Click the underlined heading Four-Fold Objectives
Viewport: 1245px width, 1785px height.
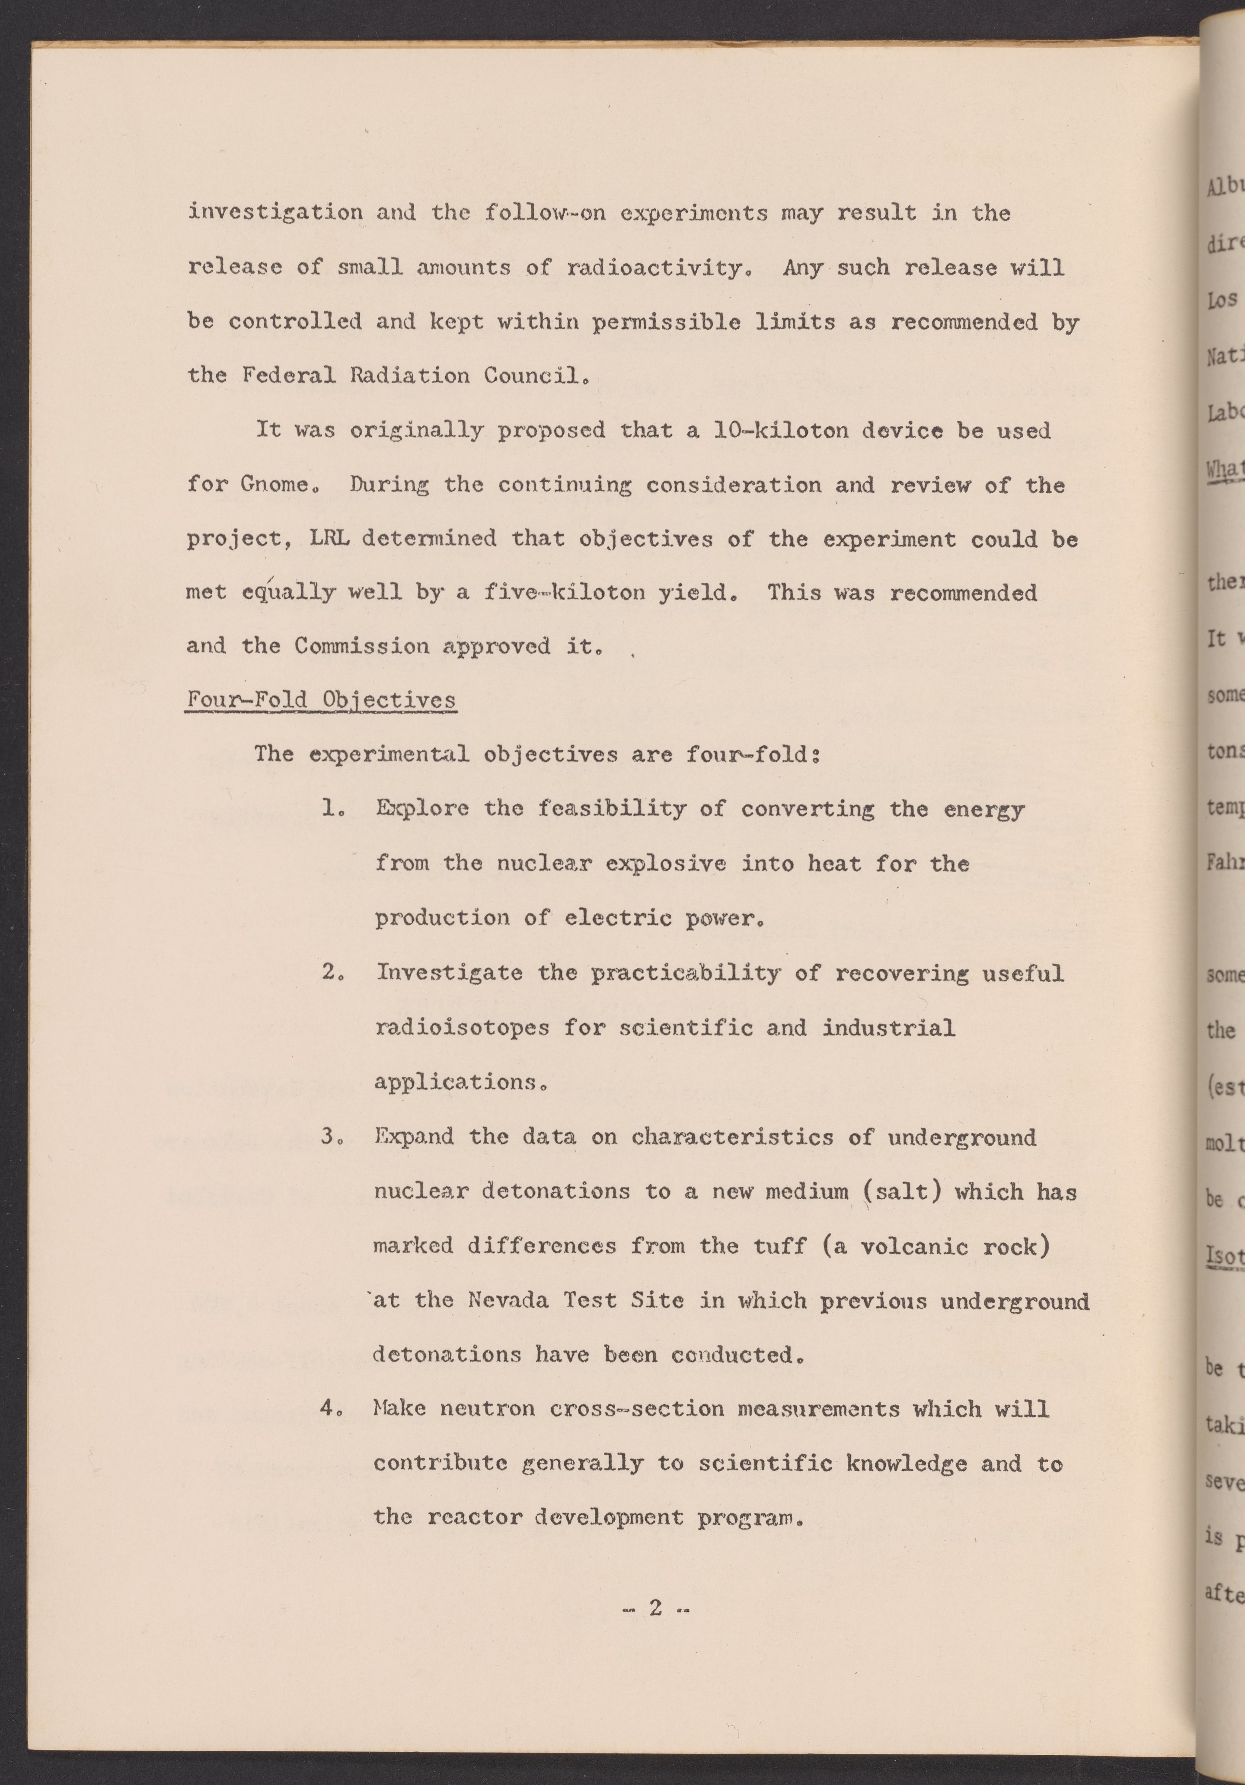point(320,700)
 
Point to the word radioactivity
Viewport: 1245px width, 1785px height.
point(657,268)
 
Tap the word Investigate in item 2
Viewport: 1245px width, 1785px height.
point(450,973)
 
